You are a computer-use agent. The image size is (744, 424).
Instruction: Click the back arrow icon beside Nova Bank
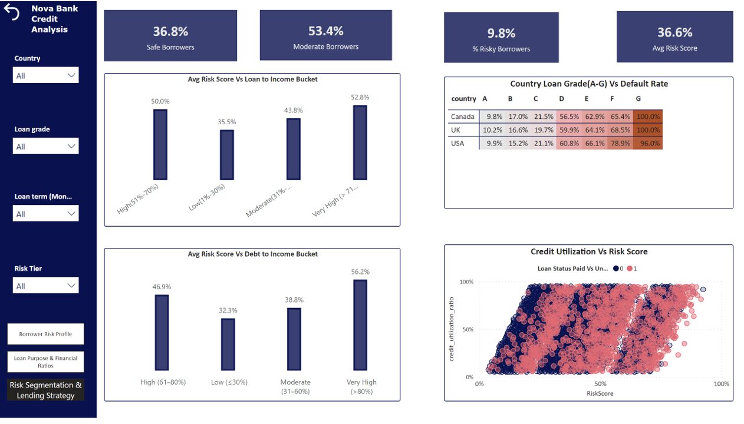tap(12, 12)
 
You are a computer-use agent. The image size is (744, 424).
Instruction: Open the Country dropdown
tap(45, 75)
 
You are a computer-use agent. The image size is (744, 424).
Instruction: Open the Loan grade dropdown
tap(45, 146)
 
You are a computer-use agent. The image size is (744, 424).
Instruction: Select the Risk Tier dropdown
tap(45, 286)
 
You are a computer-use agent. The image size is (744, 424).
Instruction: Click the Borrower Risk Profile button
tap(45, 334)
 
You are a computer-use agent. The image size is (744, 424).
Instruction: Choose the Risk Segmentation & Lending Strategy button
tap(45, 390)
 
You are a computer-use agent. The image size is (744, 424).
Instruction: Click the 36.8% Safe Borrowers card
tap(170, 35)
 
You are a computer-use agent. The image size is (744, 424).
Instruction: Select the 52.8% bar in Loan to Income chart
tap(360, 143)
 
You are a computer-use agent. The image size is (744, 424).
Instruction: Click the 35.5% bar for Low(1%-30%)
tap(227, 154)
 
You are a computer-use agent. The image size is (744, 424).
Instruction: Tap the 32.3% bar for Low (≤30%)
tap(228, 344)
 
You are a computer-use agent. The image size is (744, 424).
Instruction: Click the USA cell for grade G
tap(647, 143)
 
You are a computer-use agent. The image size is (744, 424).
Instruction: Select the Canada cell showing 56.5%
tap(569, 117)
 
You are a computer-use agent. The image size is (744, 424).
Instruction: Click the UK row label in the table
tap(456, 130)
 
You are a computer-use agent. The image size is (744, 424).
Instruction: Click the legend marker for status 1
tap(630, 269)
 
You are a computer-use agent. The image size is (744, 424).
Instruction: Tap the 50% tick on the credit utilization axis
tap(468, 329)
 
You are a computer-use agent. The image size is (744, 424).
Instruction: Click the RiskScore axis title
tap(600, 393)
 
